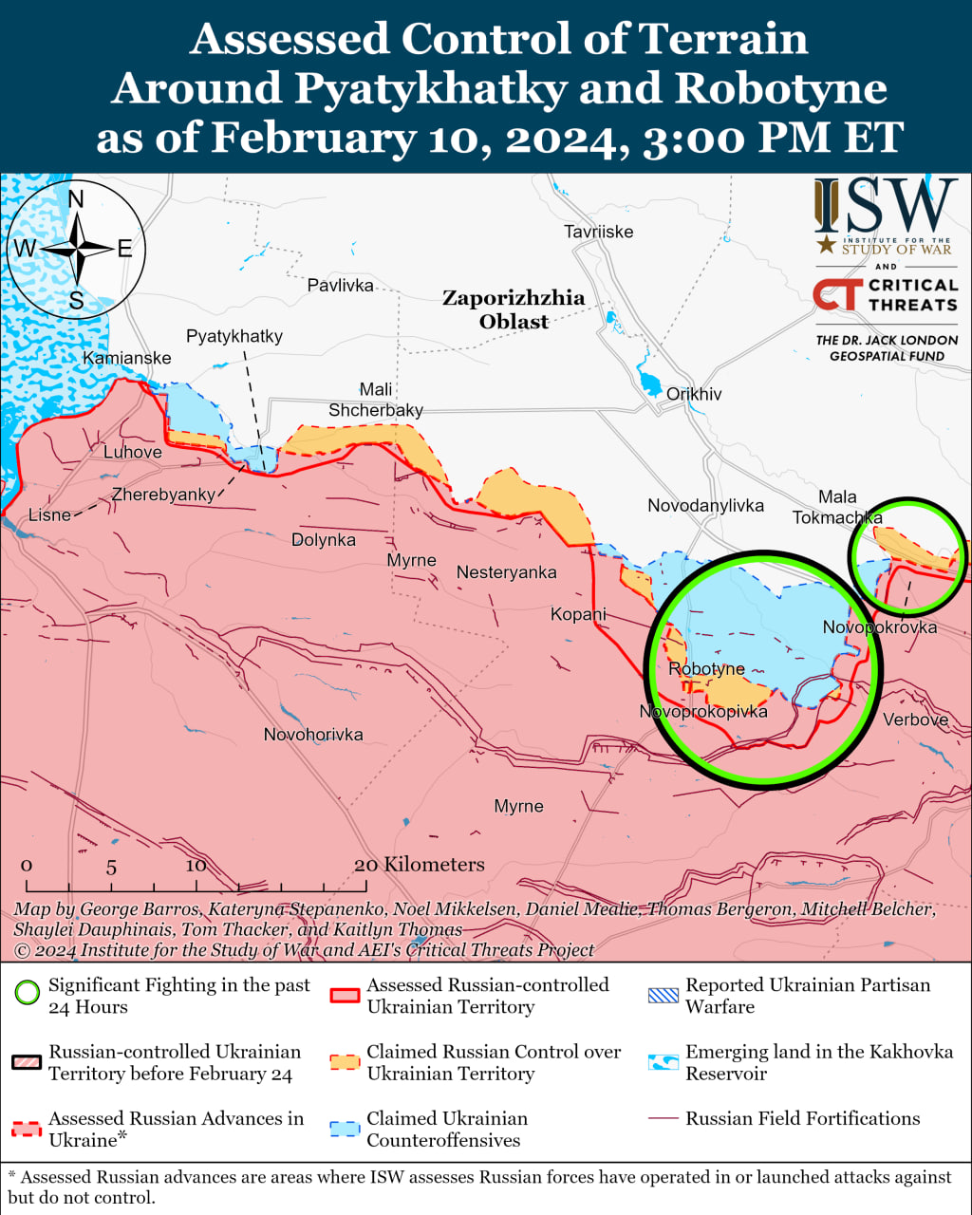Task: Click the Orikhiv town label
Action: coord(694,394)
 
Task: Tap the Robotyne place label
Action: coord(706,669)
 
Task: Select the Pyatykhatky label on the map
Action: coord(234,336)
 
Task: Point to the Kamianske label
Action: coord(127,358)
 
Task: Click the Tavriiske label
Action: coord(598,232)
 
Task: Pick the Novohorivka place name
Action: coord(313,735)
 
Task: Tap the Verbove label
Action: coord(915,720)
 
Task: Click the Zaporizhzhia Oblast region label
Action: coord(514,309)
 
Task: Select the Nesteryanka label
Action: coord(506,572)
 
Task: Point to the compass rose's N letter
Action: coord(76,198)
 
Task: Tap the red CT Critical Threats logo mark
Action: coord(837,294)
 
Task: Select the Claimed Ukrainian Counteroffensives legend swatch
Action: coord(345,1129)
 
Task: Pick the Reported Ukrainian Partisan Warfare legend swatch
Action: coord(664,995)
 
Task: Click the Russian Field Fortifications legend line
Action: coord(664,1119)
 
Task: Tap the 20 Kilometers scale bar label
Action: coord(419,865)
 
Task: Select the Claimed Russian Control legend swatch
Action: coord(345,1062)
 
